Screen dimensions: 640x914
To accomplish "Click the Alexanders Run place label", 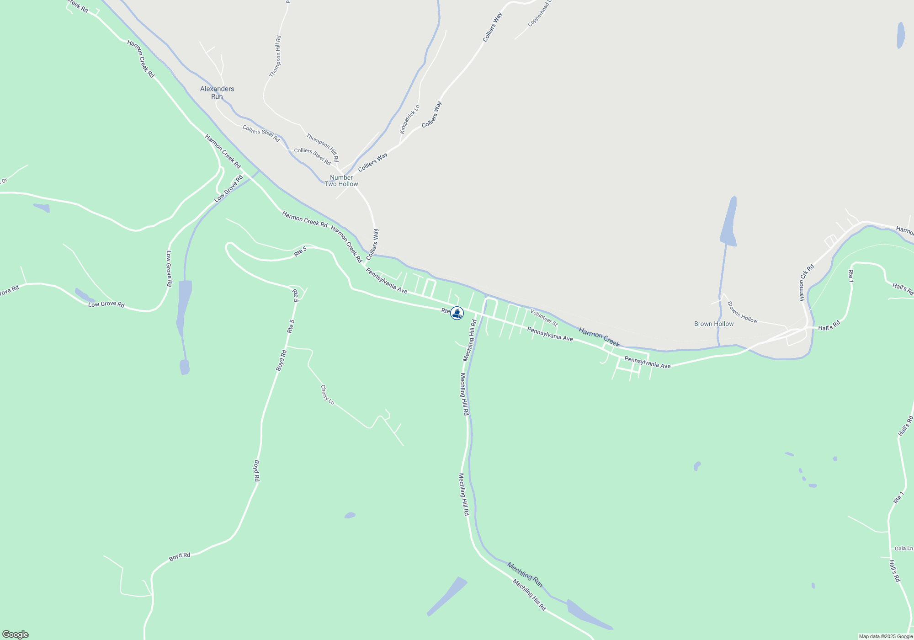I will [217, 92].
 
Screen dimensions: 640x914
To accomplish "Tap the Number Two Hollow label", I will [341, 181].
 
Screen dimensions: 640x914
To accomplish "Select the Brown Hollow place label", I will [714, 324].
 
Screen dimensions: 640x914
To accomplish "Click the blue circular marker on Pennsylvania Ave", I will [457, 313].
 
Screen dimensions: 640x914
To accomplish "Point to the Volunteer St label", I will [544, 318].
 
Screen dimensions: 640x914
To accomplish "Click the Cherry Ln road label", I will [327, 395].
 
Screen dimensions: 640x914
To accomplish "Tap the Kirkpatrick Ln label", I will [409, 119].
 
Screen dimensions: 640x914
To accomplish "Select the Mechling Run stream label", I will [525, 575].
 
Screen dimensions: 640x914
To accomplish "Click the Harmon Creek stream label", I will [599, 337].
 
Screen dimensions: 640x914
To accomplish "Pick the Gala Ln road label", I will [903, 548].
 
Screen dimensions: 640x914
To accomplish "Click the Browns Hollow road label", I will [742, 312].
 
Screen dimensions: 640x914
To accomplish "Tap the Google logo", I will [16, 635].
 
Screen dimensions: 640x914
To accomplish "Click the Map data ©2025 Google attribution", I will [886, 636].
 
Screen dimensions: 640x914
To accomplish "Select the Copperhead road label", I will [540, 14].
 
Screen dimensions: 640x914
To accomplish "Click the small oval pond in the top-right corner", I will [901, 35].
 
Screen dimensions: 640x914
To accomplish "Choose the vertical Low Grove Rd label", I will [169, 269].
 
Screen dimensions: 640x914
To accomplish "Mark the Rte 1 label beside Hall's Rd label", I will [850, 276].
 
